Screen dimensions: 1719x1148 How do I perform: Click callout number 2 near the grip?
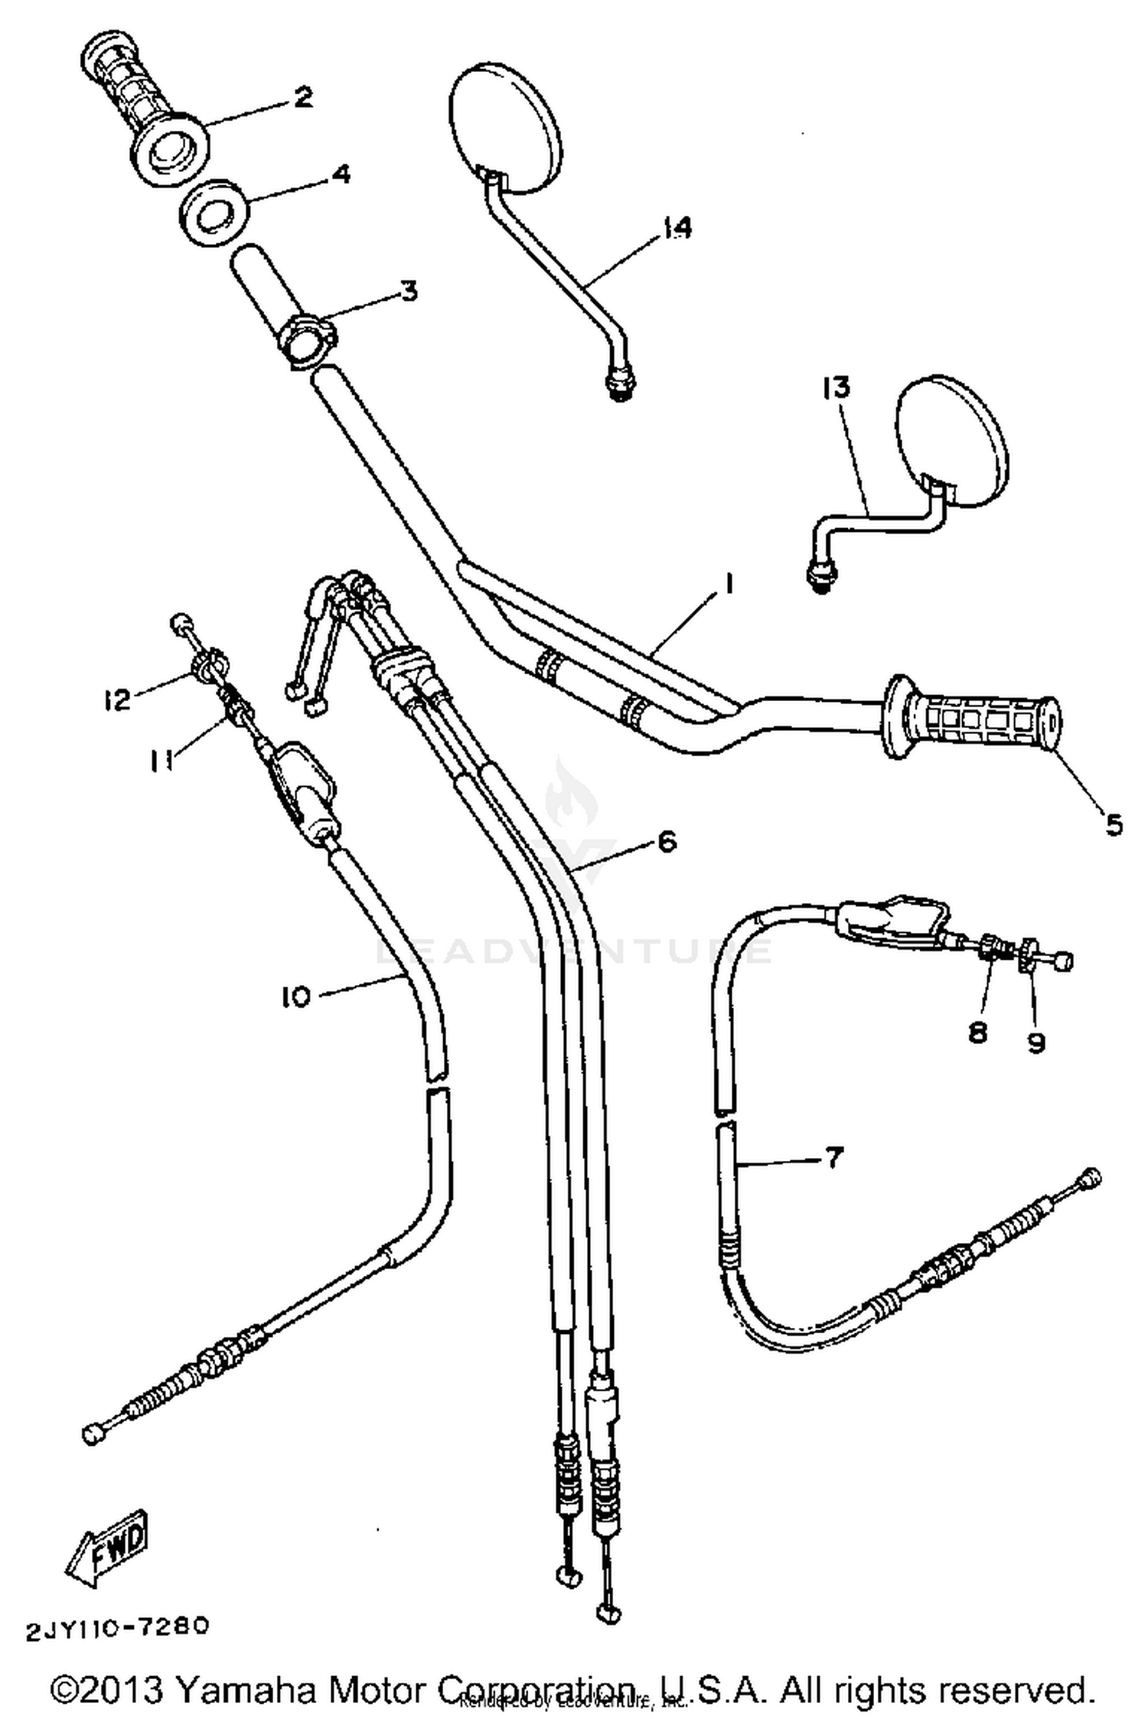302,98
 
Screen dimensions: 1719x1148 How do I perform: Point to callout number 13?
836,388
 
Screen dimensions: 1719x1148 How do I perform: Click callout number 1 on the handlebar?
728,585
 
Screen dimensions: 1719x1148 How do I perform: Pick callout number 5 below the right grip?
1114,824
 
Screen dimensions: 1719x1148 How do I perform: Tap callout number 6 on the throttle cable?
667,842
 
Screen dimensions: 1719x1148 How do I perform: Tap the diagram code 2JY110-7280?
117,1626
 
